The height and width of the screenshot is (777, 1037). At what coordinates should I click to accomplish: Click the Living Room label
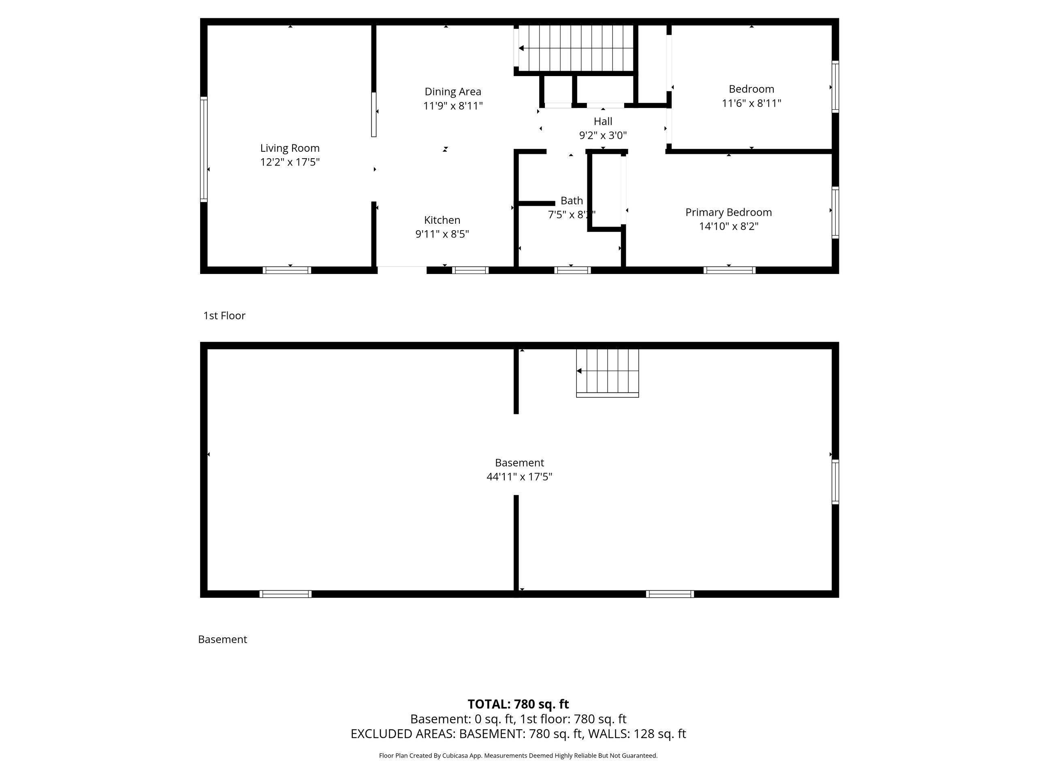pos(290,148)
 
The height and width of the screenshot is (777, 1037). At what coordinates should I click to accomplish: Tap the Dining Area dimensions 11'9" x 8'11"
pos(453,106)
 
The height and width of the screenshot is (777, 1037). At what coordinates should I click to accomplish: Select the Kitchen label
pos(442,220)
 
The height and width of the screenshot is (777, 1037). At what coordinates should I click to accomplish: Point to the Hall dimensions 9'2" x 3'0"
pos(603,135)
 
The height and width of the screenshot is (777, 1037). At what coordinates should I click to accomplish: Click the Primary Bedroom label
pos(728,212)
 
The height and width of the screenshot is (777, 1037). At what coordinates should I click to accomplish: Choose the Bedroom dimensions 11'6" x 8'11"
pos(751,103)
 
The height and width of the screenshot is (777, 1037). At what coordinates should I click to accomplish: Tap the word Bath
pos(572,200)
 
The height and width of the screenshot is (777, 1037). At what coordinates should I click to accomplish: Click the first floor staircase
pos(576,48)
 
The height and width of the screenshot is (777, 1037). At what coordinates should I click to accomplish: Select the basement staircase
pos(608,373)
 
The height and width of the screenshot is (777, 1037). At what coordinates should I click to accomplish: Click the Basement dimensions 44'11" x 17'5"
pos(519,477)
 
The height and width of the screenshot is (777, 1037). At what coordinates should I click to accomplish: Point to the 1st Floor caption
pos(224,316)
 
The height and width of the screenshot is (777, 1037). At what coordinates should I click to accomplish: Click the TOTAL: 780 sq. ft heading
pos(518,704)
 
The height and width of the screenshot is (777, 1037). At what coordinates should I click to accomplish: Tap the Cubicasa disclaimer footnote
pos(518,756)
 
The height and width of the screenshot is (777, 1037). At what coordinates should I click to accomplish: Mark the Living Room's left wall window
pos(204,149)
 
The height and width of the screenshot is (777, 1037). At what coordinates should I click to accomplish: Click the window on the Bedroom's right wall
pos(835,87)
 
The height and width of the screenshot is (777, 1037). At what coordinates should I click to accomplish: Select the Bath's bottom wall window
pos(572,270)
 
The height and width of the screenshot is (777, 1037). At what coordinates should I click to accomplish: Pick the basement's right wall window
pos(835,482)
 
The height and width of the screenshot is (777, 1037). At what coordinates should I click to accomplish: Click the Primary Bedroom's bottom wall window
pos(730,270)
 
